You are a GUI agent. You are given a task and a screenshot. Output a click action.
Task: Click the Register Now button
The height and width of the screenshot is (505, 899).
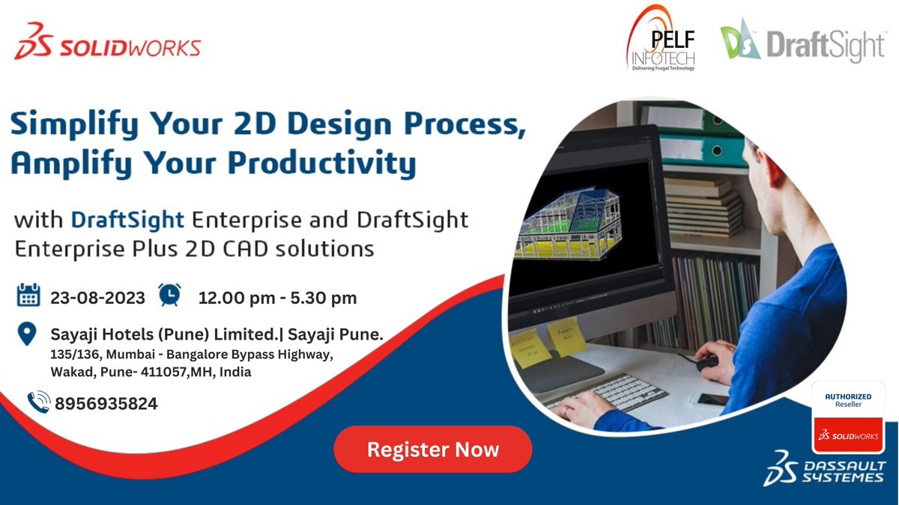[432, 450]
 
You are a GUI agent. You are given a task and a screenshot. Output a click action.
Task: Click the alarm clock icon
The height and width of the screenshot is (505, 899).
[170, 295]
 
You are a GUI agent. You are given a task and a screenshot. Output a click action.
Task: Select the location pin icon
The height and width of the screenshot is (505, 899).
[28, 334]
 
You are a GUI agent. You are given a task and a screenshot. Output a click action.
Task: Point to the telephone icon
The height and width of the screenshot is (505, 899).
[38, 403]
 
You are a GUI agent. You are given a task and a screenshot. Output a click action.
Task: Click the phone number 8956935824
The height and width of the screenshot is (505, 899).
[106, 404]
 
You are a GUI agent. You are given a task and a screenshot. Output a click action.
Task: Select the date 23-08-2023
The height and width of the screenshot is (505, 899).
[97, 298]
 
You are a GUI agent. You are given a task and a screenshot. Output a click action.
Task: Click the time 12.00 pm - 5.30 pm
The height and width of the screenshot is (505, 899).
[277, 298]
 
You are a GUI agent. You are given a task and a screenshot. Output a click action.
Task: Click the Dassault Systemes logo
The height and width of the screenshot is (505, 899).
[824, 468]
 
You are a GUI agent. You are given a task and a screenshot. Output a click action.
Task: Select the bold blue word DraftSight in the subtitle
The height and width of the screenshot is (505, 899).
[128, 220]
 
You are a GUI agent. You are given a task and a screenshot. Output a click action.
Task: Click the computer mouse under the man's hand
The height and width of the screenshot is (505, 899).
[706, 363]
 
